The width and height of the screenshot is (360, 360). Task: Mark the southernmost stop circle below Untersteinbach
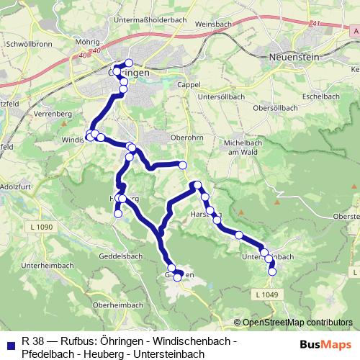(272, 271)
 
